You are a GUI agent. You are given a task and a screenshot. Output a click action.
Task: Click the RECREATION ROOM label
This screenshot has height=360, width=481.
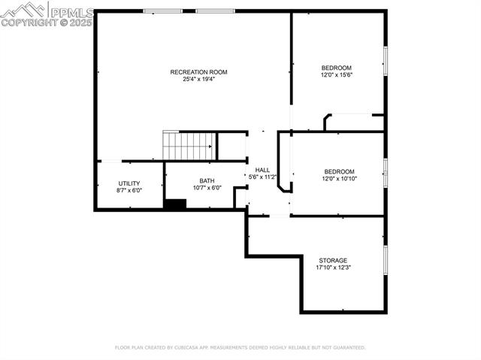198,72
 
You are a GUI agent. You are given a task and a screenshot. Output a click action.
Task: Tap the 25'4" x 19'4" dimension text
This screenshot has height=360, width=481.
198,80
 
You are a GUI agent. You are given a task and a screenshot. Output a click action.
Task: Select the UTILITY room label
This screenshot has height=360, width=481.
129,183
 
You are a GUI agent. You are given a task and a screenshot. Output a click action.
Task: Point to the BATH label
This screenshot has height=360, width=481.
207,180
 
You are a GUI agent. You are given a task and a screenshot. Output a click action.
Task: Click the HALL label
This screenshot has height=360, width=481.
262,170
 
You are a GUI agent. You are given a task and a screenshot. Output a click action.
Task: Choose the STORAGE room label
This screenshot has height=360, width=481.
332,261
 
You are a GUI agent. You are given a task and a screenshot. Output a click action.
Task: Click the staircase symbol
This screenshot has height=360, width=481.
189,146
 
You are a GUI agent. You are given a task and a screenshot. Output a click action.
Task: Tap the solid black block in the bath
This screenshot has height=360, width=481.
174,204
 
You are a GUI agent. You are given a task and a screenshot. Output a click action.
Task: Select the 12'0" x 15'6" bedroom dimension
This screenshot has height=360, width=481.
337,75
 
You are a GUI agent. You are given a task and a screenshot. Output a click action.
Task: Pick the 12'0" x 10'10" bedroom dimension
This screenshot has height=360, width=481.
339,179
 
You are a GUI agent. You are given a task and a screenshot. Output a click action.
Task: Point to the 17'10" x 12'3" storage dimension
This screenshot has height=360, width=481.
332,268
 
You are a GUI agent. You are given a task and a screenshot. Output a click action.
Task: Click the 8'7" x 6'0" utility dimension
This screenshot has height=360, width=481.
129,191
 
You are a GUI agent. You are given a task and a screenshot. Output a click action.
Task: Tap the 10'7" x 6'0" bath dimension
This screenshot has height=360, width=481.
207,188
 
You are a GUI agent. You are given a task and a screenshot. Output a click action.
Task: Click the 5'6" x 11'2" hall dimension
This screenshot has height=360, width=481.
263,177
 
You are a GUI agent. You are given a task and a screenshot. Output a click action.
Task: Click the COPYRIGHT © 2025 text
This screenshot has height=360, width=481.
47,23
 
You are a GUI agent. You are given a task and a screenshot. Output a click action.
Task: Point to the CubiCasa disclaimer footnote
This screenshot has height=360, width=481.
240,348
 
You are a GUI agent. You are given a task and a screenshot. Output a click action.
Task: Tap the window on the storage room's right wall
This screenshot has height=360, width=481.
386,258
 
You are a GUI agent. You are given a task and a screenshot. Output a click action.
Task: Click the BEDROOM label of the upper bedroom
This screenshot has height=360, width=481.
337,68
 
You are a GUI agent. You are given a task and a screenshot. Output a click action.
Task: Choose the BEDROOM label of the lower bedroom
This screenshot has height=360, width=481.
339,171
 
